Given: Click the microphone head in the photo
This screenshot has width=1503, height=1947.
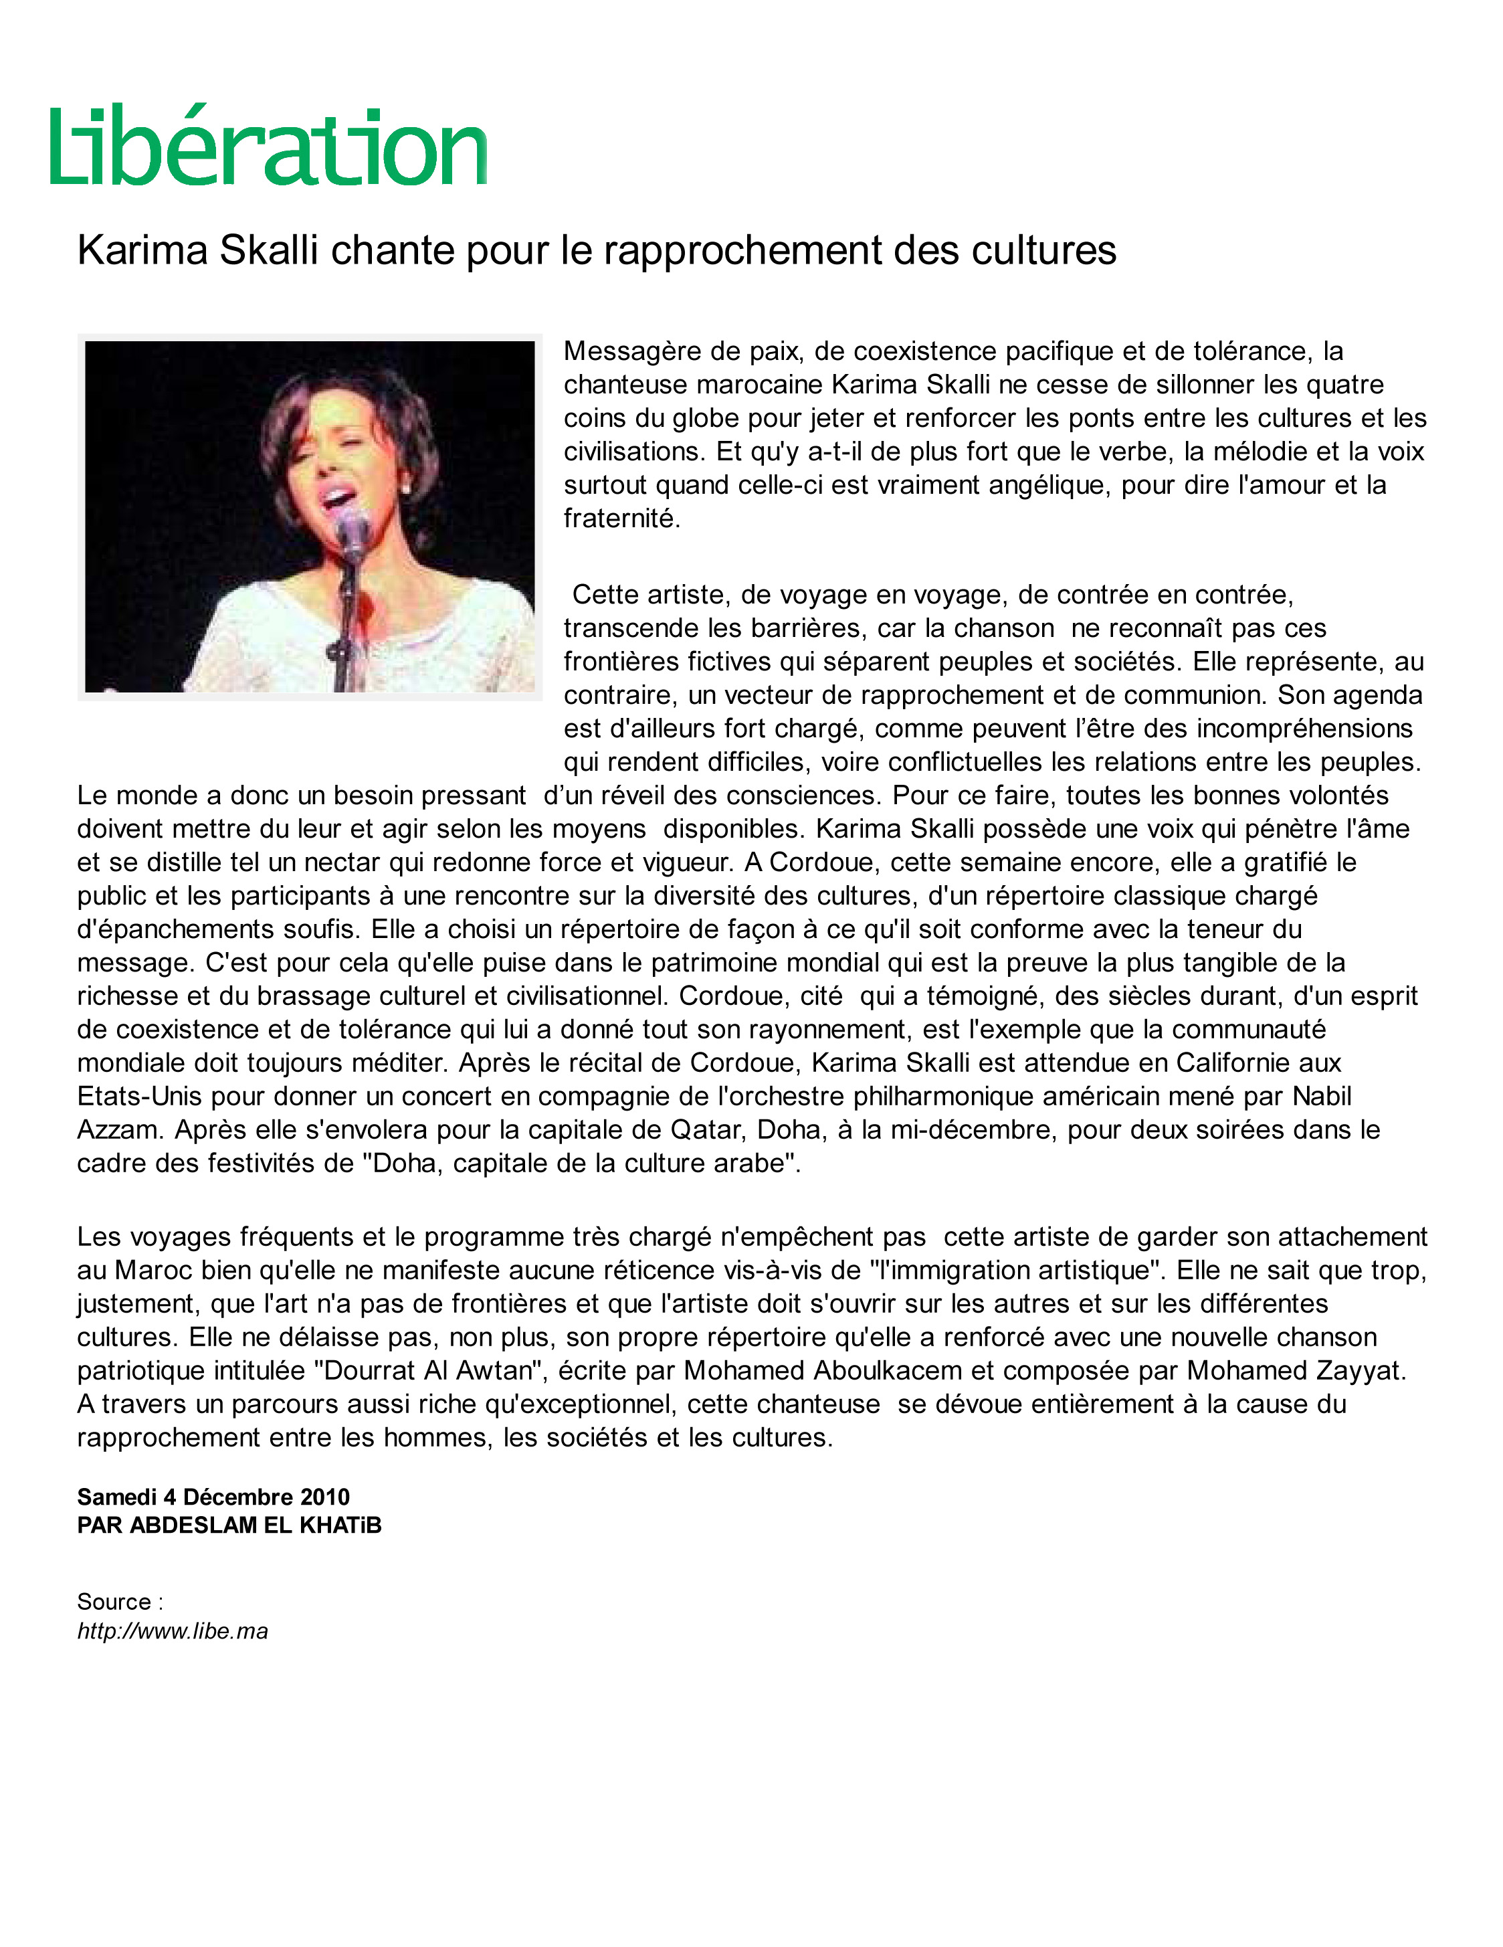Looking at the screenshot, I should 353,525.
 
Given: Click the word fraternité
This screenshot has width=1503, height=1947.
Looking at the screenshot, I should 621,518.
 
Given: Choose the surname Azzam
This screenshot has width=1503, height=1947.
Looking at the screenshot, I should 120,1129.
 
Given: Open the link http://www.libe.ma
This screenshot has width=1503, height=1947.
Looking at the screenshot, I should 172,1631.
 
